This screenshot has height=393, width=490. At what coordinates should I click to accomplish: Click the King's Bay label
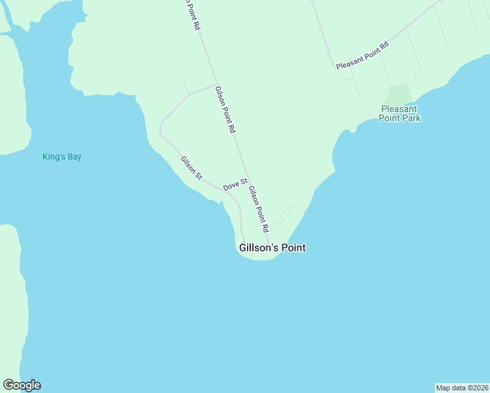pyautogui.click(x=62, y=157)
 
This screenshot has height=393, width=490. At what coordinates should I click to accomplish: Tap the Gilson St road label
pyautogui.click(x=192, y=168)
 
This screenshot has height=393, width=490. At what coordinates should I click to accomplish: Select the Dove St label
pyautogui.click(x=235, y=185)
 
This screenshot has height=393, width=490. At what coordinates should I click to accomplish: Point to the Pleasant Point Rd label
pyautogui.click(x=362, y=56)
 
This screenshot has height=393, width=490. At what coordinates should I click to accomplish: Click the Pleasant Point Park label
pyautogui.click(x=400, y=113)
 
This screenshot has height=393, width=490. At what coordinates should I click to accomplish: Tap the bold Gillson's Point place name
pyautogui.click(x=273, y=248)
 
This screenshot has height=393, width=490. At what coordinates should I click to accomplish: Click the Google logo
pyautogui.click(x=22, y=385)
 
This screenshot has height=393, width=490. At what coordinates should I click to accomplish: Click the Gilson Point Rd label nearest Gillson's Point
pyautogui.click(x=258, y=210)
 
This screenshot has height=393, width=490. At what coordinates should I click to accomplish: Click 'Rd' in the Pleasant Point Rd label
pyautogui.click(x=385, y=46)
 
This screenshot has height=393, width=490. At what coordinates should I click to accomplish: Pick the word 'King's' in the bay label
pyautogui.click(x=53, y=157)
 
